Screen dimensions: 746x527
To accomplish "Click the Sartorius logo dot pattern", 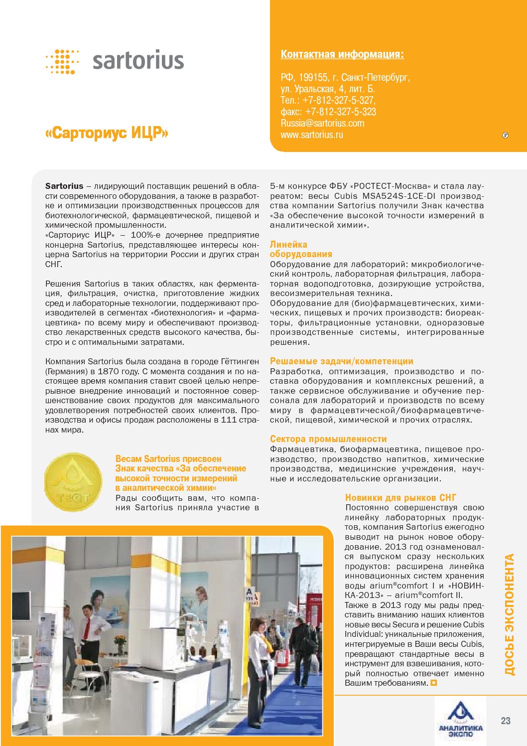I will click(x=62, y=62).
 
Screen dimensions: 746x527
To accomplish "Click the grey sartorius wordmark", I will click(x=138, y=61).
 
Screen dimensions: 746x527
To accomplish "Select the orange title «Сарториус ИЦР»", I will click(x=107, y=133).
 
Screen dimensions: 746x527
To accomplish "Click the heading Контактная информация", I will click(x=342, y=54).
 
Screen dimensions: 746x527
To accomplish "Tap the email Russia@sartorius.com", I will click(x=322, y=123).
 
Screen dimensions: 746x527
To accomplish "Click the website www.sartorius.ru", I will click(x=312, y=135).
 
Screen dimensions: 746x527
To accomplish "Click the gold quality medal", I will click(x=74, y=482).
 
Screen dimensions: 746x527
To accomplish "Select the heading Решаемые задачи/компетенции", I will click(x=341, y=361).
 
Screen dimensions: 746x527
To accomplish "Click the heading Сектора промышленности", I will click(x=328, y=439).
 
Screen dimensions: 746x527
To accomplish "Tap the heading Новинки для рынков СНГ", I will click(x=400, y=497).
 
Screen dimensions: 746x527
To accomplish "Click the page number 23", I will click(x=506, y=721).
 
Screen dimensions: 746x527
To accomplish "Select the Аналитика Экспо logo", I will click(x=460, y=720).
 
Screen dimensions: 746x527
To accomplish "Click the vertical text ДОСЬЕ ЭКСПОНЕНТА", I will click(x=509, y=615).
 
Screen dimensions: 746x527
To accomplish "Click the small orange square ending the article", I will click(x=433, y=683).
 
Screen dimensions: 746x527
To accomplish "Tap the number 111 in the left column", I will click(x=229, y=420).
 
